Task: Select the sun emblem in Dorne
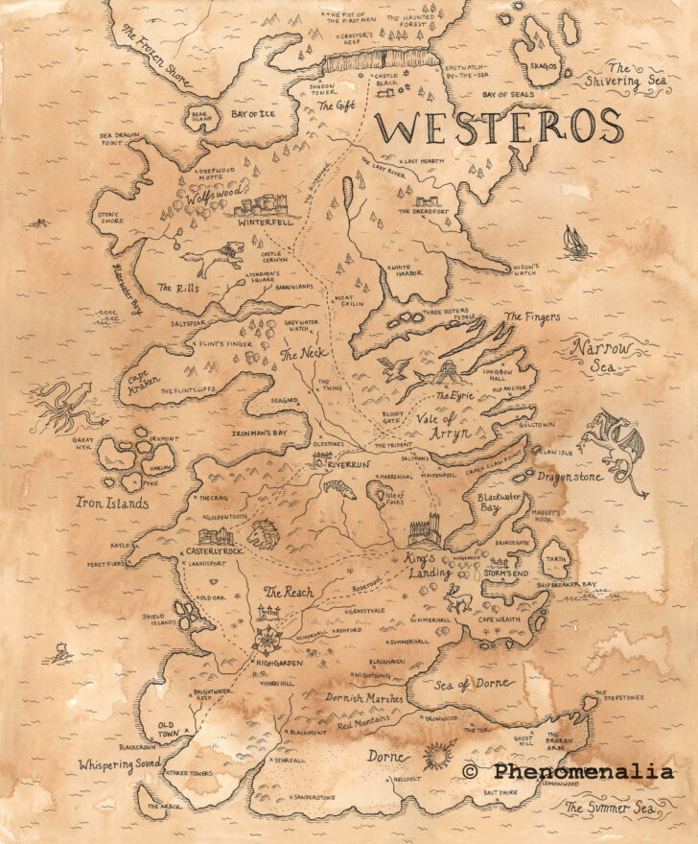438,755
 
